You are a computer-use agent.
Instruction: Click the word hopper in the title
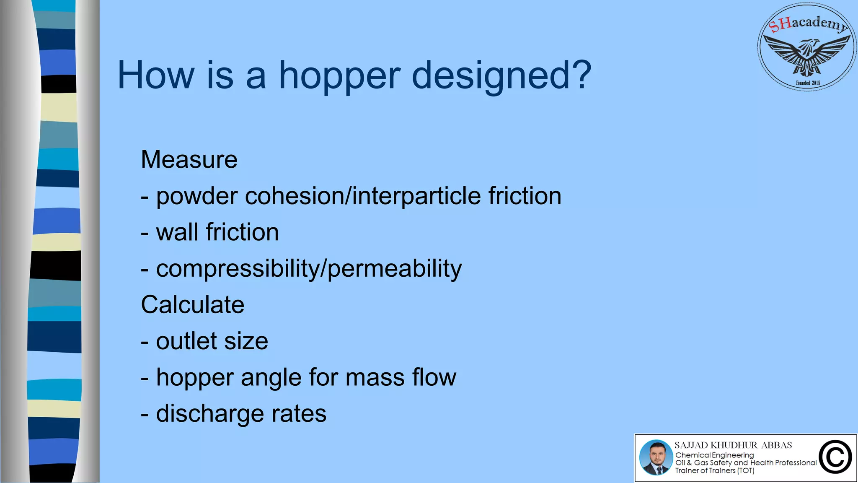tap(339, 77)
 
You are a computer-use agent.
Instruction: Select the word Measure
tap(189, 160)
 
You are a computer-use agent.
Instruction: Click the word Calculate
tap(192, 305)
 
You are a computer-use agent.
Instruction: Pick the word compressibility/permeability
tap(309, 269)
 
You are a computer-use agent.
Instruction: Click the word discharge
tap(210, 414)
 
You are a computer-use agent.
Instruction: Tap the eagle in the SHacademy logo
tap(807, 55)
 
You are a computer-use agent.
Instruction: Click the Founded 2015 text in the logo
tap(808, 83)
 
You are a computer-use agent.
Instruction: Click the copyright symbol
tap(835, 457)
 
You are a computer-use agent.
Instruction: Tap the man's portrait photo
tap(656, 457)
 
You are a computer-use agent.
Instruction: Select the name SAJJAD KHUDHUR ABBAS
tap(733, 445)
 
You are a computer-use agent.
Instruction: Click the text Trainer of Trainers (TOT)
tap(714, 471)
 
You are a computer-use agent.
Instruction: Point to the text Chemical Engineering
tap(714, 455)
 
